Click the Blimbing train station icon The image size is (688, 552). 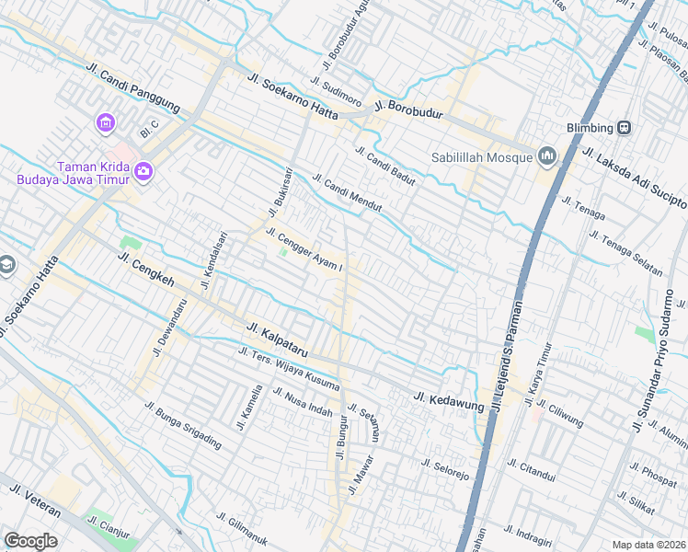[x=625, y=128]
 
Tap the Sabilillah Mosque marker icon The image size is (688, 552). [x=548, y=157]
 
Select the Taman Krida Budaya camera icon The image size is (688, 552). [x=143, y=171]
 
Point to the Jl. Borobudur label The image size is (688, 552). [x=408, y=109]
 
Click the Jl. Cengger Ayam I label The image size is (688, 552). [x=304, y=249]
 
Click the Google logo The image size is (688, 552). [x=30, y=541]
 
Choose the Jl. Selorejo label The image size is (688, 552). [x=445, y=469]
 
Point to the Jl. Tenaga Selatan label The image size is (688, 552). [x=626, y=255]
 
